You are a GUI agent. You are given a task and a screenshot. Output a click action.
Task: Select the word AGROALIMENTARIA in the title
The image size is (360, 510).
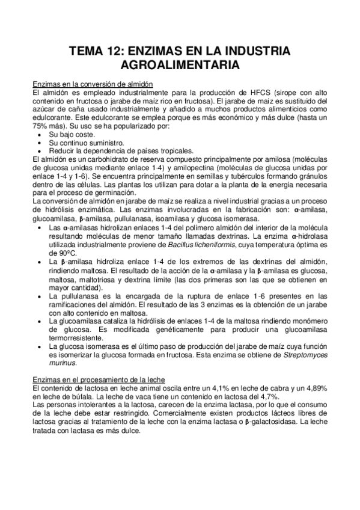coord(180,65)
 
